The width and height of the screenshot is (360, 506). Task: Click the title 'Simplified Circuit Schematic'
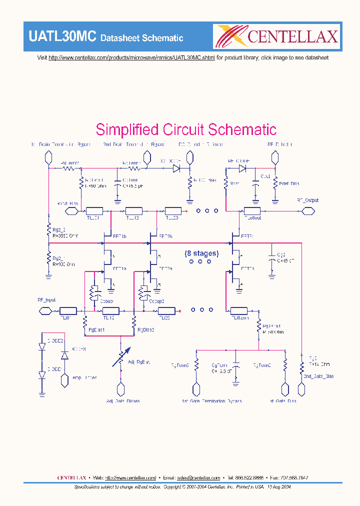[186, 129]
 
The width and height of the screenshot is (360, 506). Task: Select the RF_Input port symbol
[46, 310]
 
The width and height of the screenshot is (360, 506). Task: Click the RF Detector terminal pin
[273, 158]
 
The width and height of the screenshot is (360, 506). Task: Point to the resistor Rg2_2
[49, 232]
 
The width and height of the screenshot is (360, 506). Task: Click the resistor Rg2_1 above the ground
[49, 260]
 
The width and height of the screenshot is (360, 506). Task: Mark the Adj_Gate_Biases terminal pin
[120, 389]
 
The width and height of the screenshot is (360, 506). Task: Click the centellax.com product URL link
[131, 58]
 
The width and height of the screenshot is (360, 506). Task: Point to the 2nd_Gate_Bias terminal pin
[301, 389]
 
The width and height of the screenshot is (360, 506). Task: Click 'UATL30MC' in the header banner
[62, 37]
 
